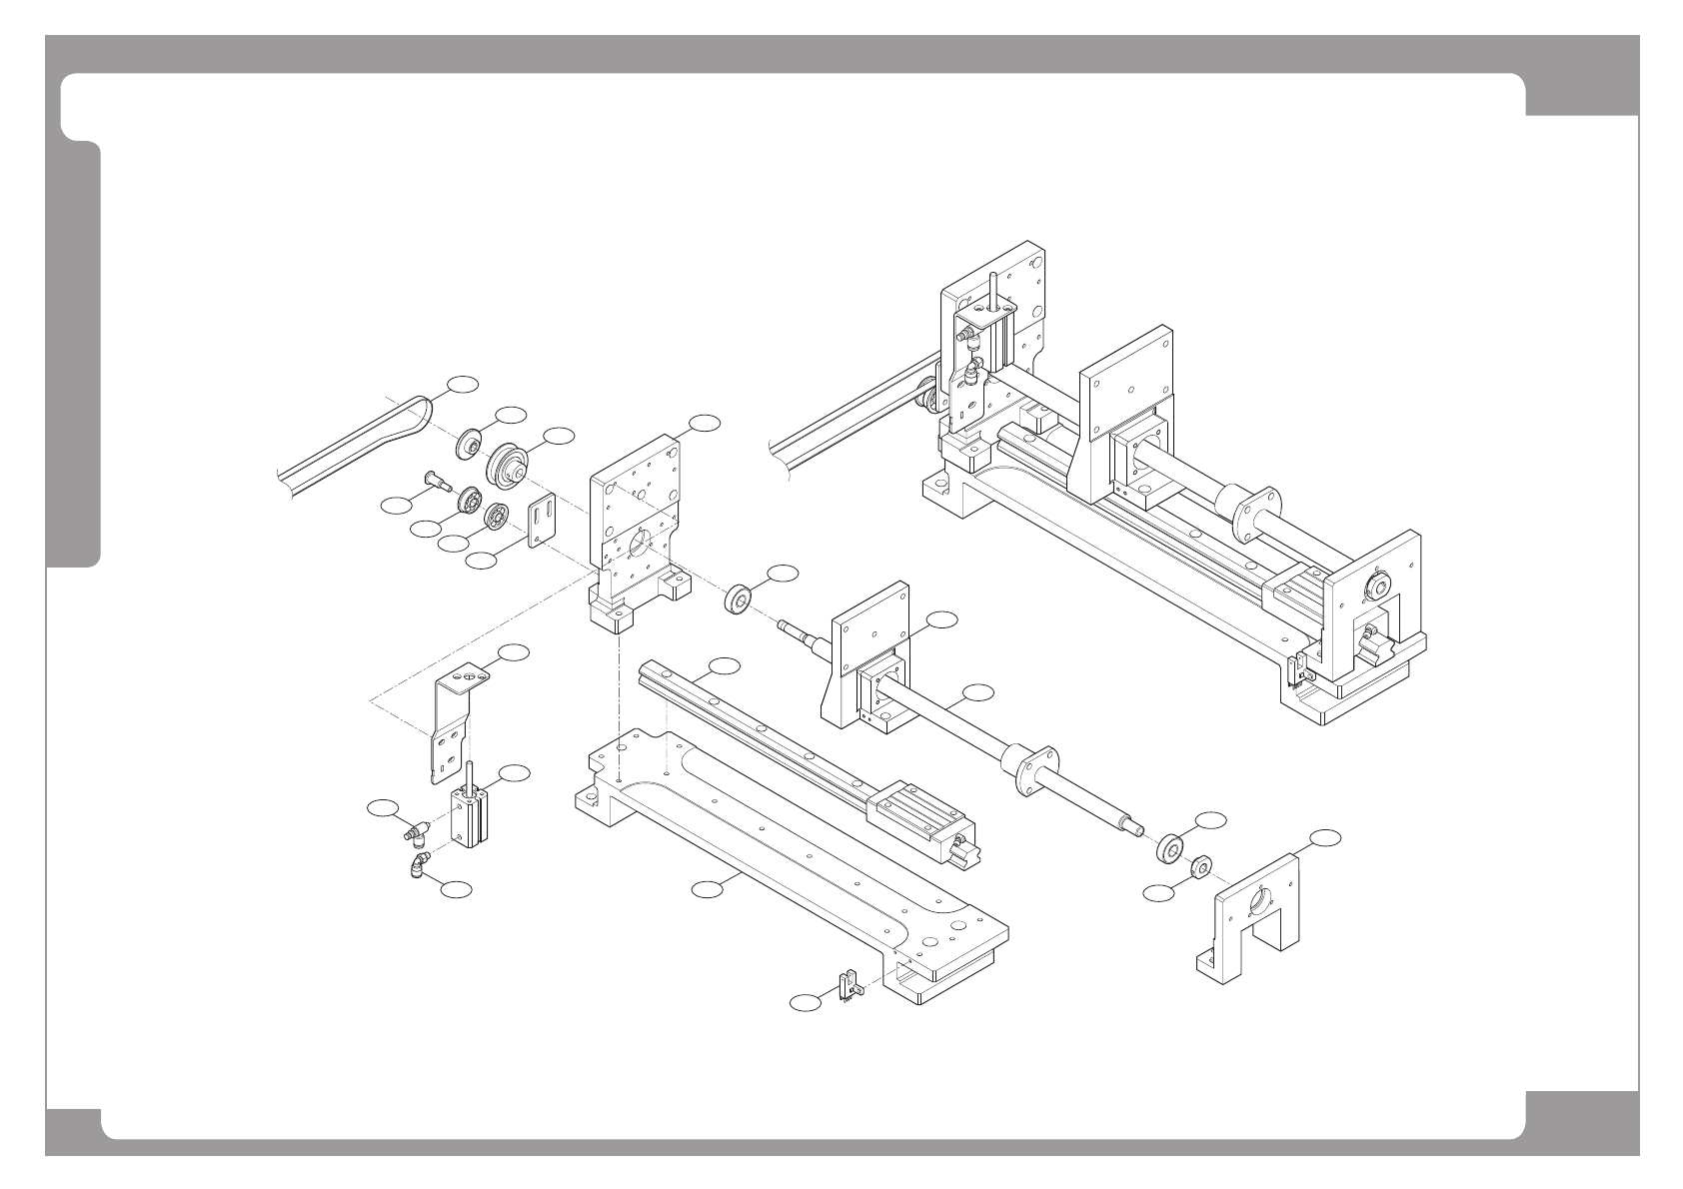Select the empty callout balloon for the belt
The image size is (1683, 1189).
(462, 383)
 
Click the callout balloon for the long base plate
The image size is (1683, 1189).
(708, 887)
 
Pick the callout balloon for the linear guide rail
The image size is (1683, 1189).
(724, 665)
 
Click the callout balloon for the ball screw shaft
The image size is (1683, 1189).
(979, 690)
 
